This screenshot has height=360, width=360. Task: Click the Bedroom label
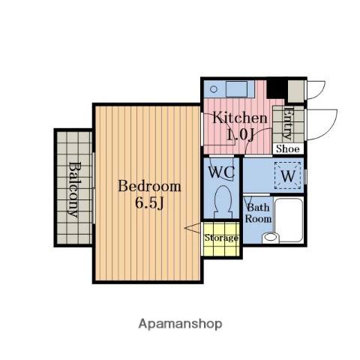click(149, 186)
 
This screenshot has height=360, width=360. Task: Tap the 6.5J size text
click(149, 202)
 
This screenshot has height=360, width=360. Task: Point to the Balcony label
click(74, 190)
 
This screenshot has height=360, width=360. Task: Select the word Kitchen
click(240, 118)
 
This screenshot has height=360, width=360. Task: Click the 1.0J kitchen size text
click(240, 135)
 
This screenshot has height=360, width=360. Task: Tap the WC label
click(221, 172)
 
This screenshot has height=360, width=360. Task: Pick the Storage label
click(221, 238)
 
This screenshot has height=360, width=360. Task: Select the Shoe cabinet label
click(288, 149)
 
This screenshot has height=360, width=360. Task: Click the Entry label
click(288, 123)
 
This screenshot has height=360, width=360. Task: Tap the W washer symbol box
click(287, 175)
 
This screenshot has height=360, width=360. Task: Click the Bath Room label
click(258, 213)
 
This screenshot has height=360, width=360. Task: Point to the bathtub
click(289, 220)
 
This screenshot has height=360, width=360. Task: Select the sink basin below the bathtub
click(270, 237)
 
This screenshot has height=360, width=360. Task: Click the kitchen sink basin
click(236, 89)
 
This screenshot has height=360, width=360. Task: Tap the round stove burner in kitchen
click(214, 89)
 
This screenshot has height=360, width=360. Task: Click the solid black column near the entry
click(277, 88)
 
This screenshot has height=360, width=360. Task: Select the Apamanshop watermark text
click(180, 324)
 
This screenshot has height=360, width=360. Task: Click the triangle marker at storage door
click(193, 228)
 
